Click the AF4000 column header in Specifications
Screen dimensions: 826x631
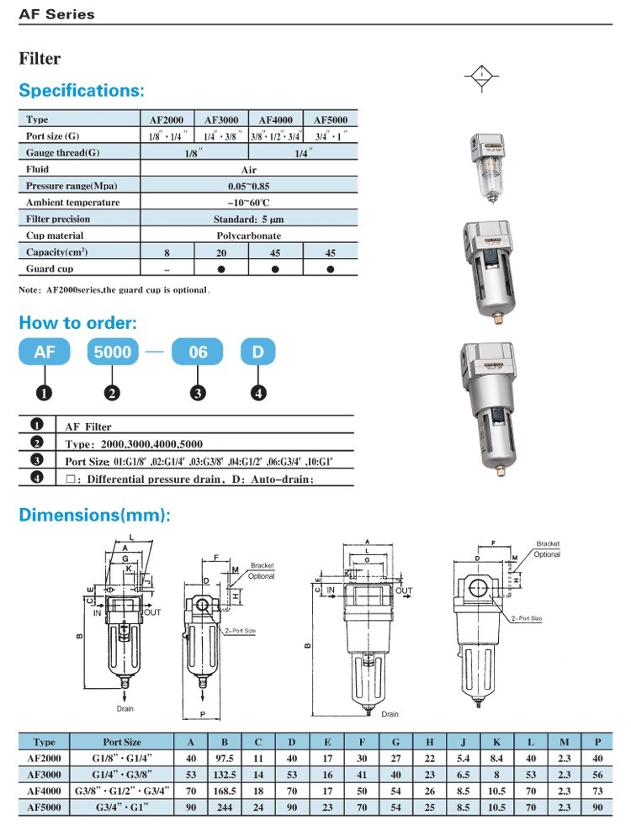[x=275, y=119]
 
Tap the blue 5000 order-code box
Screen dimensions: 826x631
[x=114, y=351]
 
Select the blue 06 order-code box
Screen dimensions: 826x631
[x=198, y=351]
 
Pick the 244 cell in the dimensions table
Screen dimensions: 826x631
[x=225, y=807]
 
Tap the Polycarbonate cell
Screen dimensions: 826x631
[x=248, y=236]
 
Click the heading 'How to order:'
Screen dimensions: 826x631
[x=78, y=323]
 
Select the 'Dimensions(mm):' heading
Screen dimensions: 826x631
[x=94, y=515]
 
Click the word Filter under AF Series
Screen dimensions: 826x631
[x=40, y=59]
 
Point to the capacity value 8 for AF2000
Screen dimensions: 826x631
[x=167, y=252]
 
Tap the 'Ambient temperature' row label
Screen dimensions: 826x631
[x=72, y=203]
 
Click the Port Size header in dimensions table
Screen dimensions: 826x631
[x=122, y=742]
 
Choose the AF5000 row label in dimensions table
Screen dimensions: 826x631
[x=44, y=807]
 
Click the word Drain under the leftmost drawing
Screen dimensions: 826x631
[x=125, y=708]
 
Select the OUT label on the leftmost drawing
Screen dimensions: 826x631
[x=152, y=612]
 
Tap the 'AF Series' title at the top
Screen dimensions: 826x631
[x=57, y=14]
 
